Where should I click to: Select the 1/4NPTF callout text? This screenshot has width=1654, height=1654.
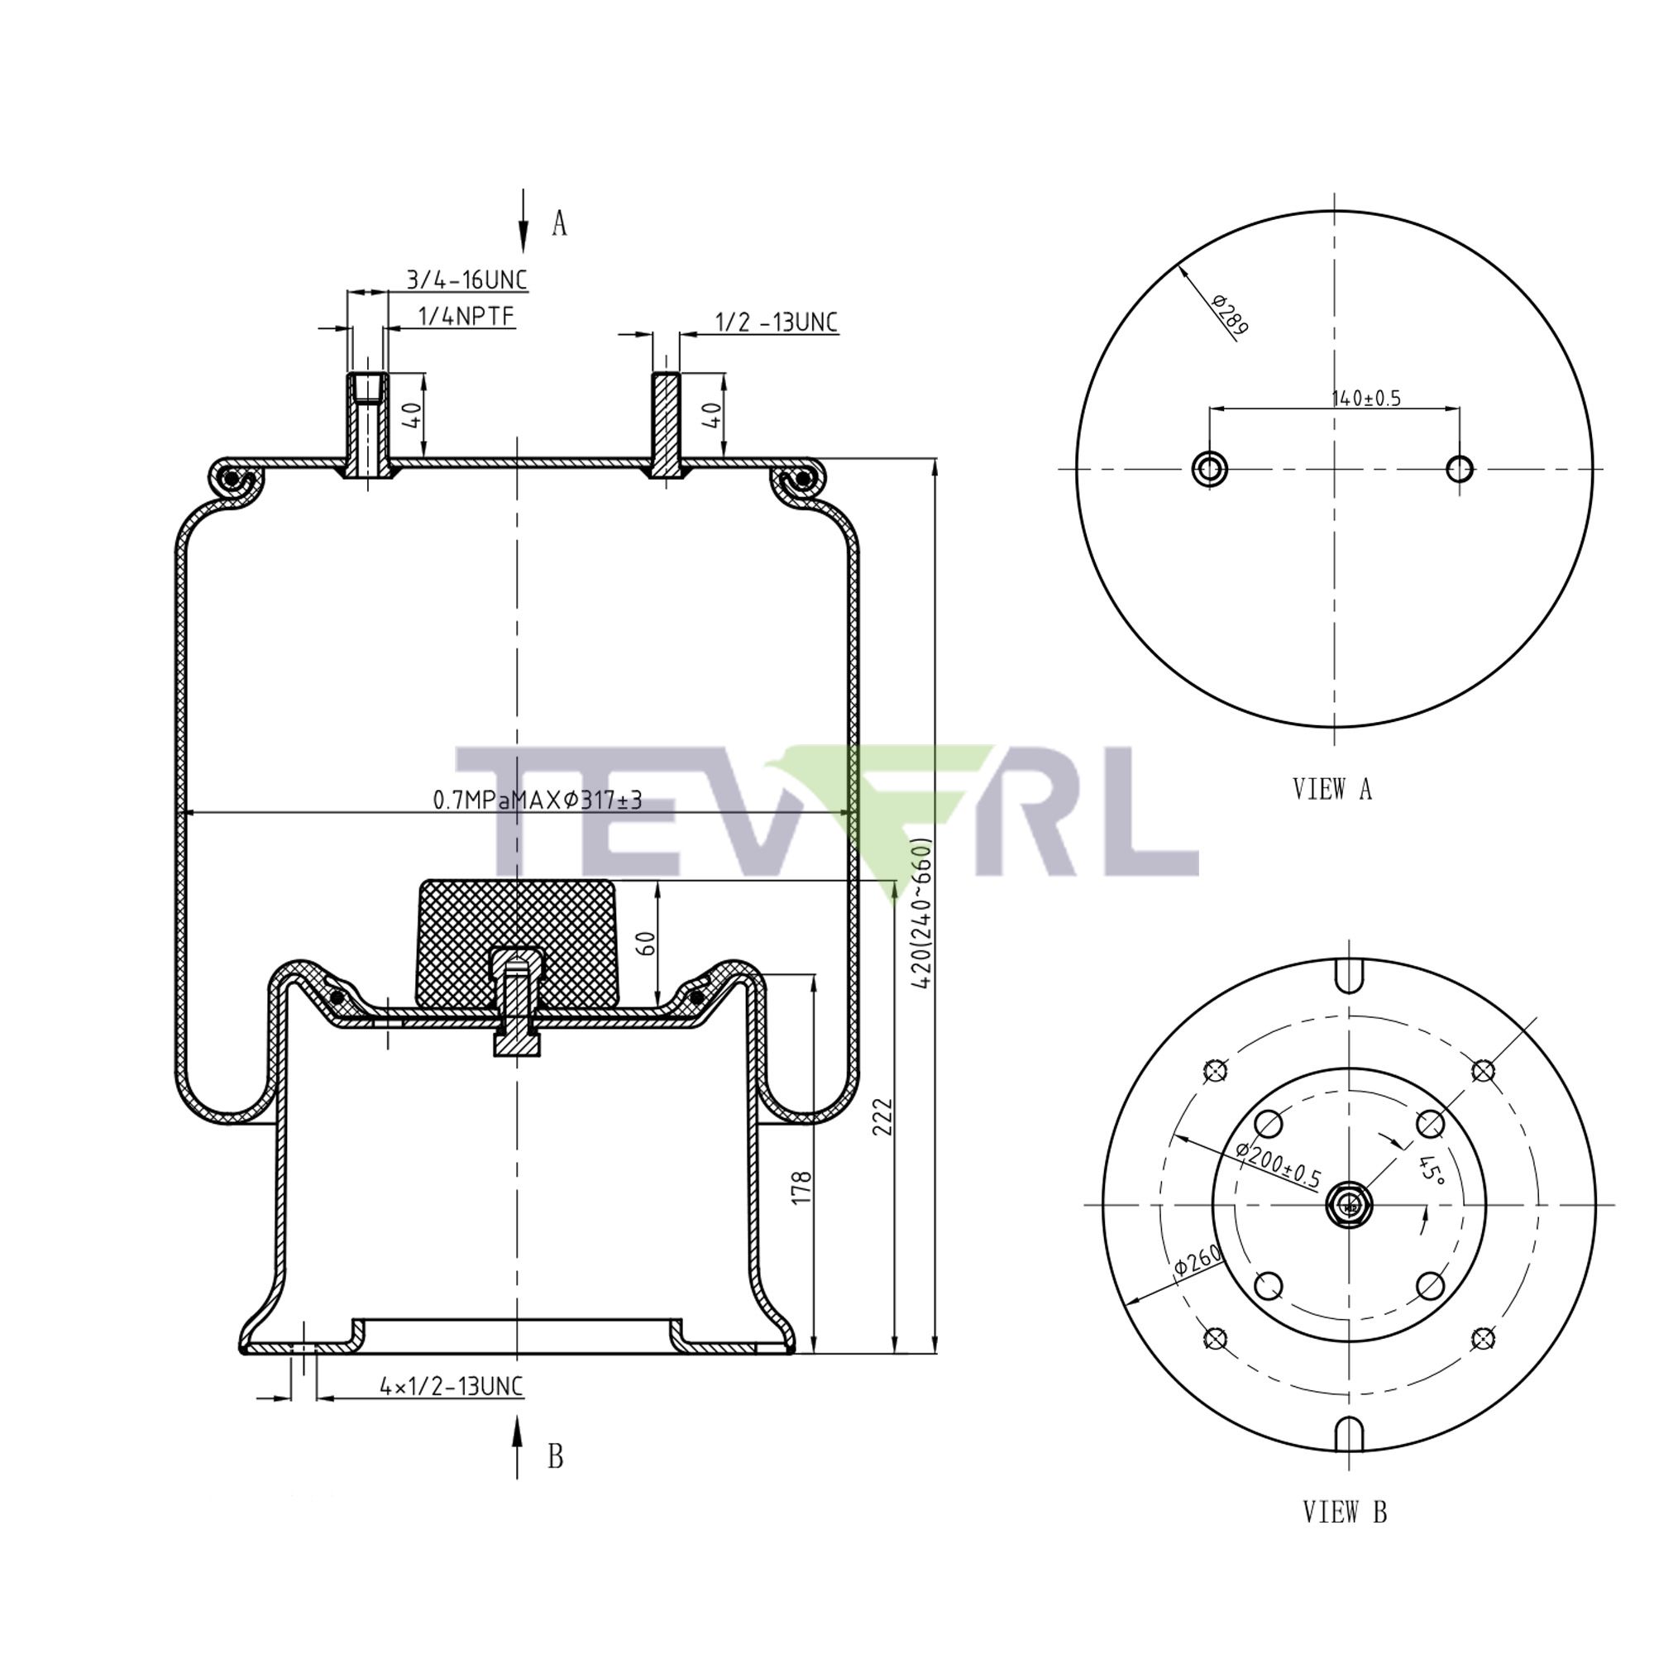[466, 317]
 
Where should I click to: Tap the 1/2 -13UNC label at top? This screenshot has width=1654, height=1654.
[776, 322]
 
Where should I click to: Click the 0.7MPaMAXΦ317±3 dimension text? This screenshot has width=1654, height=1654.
[537, 800]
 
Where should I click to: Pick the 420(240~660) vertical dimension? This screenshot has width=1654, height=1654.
[921, 914]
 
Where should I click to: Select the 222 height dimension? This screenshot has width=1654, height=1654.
[882, 1116]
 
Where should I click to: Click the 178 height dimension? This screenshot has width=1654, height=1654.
[801, 1188]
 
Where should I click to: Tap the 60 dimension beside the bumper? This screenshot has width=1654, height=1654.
[648, 944]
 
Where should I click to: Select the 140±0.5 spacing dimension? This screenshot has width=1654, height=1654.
[1365, 398]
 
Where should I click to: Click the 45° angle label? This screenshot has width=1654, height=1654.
[1431, 1169]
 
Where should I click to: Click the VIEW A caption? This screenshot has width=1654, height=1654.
[1332, 788]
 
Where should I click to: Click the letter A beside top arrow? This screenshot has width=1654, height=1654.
[559, 223]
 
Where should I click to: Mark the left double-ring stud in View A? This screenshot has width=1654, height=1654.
[1209, 468]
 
